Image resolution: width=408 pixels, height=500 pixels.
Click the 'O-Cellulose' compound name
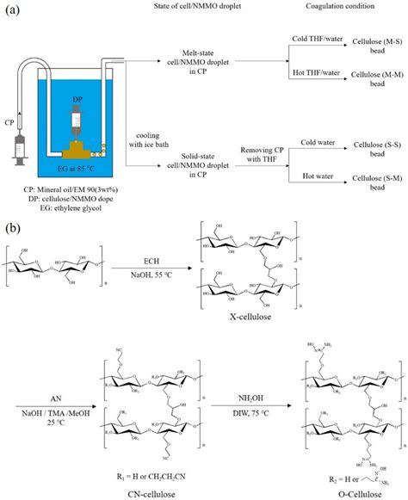[x=349, y=493]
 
